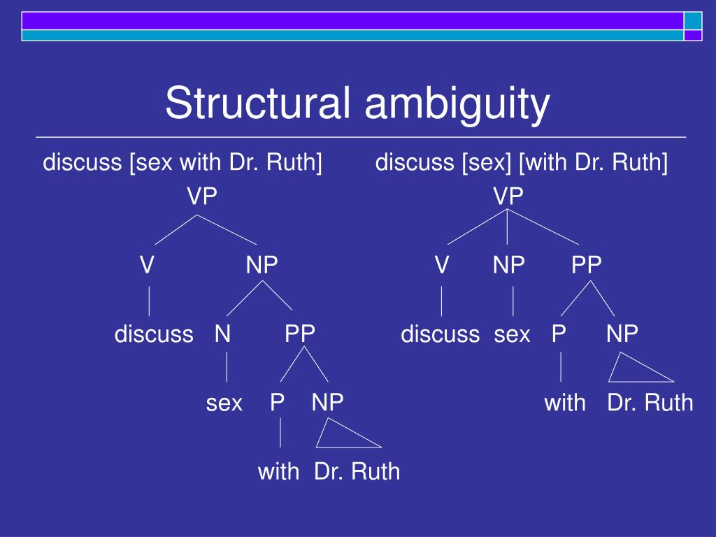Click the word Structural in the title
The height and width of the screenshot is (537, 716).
point(257,103)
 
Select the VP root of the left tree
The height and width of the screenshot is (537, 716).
point(201,197)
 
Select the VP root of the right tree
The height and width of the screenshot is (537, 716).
point(508,197)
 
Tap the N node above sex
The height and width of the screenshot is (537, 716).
point(222,334)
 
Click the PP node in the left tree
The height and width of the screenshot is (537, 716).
point(300,334)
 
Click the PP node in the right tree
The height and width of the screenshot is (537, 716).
point(586,266)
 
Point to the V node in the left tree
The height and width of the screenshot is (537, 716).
point(146,266)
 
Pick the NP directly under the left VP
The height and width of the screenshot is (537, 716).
point(262,266)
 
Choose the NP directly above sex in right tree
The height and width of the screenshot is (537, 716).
point(508,266)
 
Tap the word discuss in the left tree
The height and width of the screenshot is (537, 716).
point(154,334)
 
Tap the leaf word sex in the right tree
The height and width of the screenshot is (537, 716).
point(513,334)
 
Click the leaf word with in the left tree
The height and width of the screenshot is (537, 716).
point(278,471)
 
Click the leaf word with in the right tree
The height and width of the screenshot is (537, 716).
point(565,403)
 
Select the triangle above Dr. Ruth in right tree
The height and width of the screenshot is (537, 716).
point(633,371)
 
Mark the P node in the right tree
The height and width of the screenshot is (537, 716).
point(558,334)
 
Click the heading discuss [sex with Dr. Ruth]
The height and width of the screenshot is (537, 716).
point(182,164)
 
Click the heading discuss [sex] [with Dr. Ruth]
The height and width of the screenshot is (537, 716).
point(522,164)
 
